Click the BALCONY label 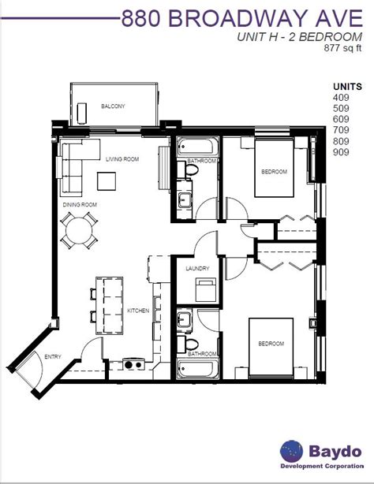point(113,106)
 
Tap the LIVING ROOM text point(122,159)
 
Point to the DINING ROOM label point(80,205)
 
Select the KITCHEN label point(138,311)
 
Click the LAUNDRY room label point(197,269)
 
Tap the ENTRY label point(53,357)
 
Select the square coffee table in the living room point(107,181)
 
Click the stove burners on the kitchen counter point(133,364)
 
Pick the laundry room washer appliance point(206,289)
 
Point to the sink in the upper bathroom point(185,199)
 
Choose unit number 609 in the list point(341,119)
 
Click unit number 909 point(341,152)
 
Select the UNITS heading point(347,87)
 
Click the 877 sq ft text point(342,48)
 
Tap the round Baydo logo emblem point(291,451)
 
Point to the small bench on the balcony point(82,114)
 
